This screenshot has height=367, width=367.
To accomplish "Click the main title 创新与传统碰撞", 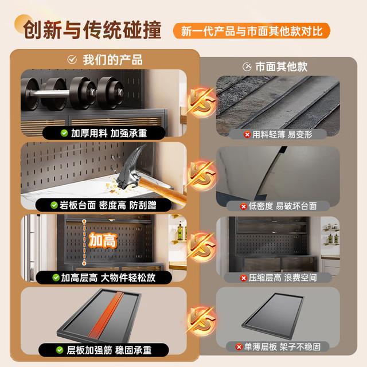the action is click(x=92, y=30).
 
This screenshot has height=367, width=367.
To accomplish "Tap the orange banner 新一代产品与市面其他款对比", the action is click(x=252, y=31).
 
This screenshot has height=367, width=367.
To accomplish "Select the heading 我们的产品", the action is click(x=112, y=60).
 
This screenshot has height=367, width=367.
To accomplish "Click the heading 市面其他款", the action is click(x=282, y=67).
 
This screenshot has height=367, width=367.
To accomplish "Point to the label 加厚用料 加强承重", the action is click(x=109, y=133).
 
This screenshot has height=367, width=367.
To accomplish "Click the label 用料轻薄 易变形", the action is click(x=282, y=135).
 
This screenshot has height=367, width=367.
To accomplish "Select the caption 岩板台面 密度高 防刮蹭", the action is click(x=108, y=205).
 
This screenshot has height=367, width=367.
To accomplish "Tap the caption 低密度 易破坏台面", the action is click(x=283, y=206).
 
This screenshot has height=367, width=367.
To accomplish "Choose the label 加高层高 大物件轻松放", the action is click(x=108, y=278).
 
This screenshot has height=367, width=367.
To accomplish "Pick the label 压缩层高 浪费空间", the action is click(x=283, y=278).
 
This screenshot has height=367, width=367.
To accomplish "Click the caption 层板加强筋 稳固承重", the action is click(x=109, y=350).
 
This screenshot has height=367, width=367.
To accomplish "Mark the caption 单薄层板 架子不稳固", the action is click(x=282, y=347).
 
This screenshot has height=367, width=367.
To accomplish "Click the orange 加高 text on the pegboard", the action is click(x=103, y=240).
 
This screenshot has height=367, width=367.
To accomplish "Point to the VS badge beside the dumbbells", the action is click(x=202, y=103).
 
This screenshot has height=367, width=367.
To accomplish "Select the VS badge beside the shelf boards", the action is click(x=202, y=321).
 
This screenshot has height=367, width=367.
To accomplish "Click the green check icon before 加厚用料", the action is click(x=64, y=133).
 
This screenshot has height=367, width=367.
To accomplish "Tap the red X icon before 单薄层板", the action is click(x=239, y=347).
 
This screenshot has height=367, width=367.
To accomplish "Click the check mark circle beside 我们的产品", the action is click(x=72, y=60).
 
